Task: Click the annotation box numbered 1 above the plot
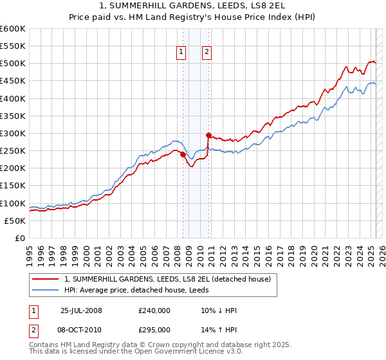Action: coord(181,53)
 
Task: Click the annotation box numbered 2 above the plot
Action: coord(207,53)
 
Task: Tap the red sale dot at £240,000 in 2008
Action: coord(183,154)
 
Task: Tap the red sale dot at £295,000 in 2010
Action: coord(208,135)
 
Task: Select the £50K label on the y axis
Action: coord(15,221)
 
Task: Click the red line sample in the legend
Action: coord(44,279)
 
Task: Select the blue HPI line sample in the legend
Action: coord(44,290)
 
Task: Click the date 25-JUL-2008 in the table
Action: coord(81,310)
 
